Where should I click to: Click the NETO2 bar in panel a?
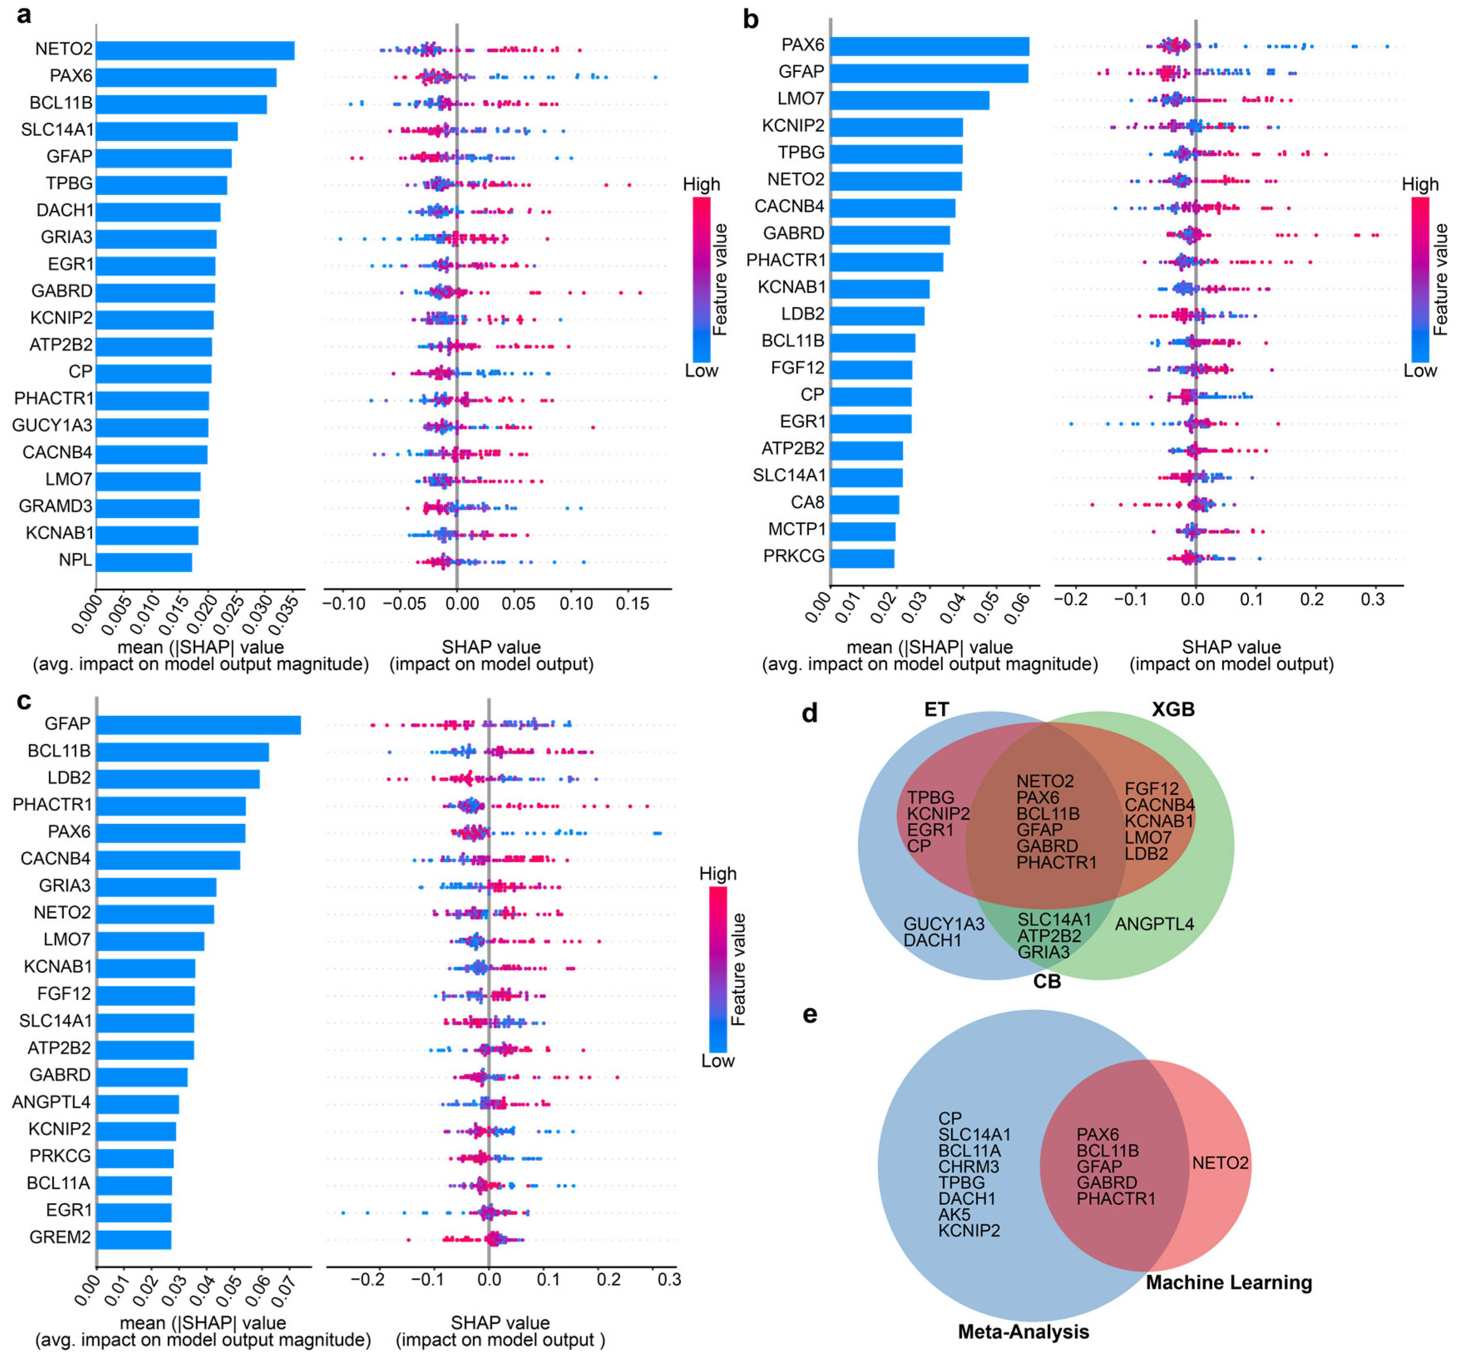click(195, 50)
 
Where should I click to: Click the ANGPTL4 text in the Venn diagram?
click(1154, 924)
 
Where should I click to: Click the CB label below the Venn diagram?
click(1046, 982)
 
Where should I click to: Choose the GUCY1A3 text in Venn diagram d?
click(943, 924)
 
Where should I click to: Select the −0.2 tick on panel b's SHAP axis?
click(1071, 600)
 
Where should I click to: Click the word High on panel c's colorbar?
click(718, 874)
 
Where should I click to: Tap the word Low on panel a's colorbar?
click(701, 371)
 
